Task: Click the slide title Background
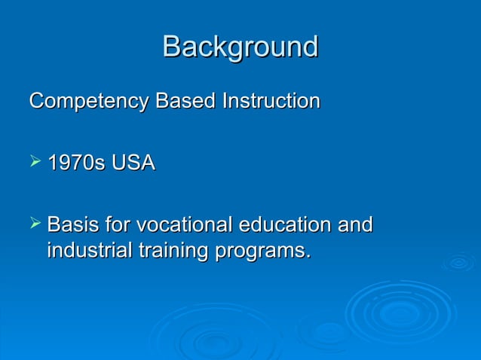[x=240, y=47]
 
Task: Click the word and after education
[x=354, y=224]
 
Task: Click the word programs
[x=260, y=250]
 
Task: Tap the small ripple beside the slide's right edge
[x=458, y=263]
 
